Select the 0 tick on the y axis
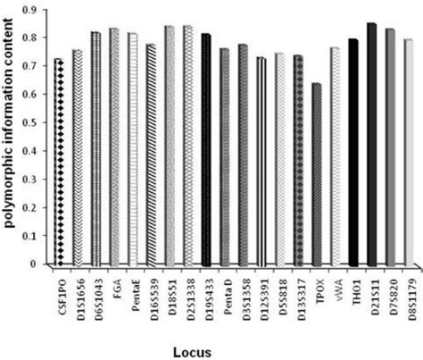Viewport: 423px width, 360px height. point(41,264)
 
